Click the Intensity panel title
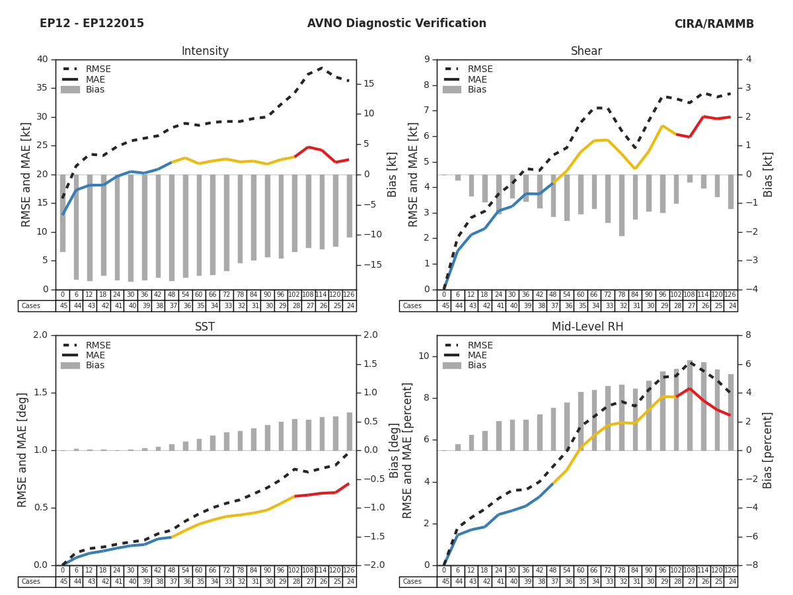click(x=205, y=52)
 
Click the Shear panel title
click(x=587, y=52)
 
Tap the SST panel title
click(x=205, y=327)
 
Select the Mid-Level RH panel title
click(x=587, y=327)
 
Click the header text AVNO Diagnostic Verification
click(x=397, y=24)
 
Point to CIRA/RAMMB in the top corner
click(x=714, y=24)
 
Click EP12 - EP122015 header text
click(x=92, y=24)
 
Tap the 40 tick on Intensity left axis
click(x=42, y=59)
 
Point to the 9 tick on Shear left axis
click(x=426, y=59)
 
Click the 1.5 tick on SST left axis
click(x=40, y=393)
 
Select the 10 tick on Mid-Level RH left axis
click(x=424, y=356)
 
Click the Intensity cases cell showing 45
click(x=63, y=306)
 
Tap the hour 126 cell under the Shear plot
click(x=731, y=295)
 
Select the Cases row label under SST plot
click(x=31, y=582)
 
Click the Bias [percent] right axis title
click(x=768, y=450)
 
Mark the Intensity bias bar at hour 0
click(x=63, y=213)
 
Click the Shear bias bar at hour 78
click(x=622, y=205)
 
